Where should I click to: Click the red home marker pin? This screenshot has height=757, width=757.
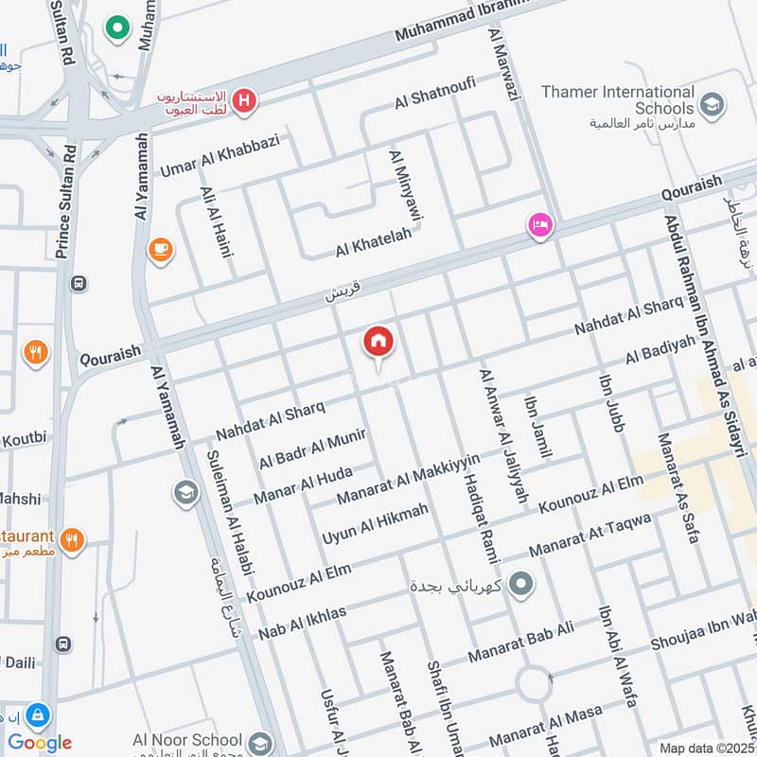click(x=378, y=343)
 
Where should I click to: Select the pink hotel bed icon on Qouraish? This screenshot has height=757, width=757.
click(x=540, y=225)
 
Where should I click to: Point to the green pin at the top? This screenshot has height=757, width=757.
click(x=117, y=29)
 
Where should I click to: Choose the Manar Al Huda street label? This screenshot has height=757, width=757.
click(x=303, y=484)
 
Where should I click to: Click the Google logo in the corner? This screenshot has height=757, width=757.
click(x=40, y=743)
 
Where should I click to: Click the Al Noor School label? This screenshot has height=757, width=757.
click(x=187, y=739)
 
